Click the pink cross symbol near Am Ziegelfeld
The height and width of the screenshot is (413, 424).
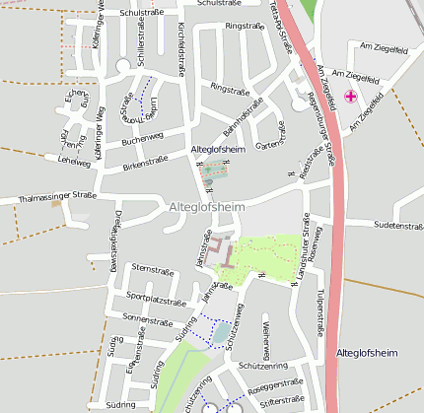click(x=351, y=97)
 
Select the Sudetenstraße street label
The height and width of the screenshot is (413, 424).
click(x=398, y=226)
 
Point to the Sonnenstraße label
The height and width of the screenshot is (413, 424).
click(x=148, y=318)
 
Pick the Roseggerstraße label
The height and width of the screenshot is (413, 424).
click(x=277, y=385)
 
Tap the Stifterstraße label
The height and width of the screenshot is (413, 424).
click(x=279, y=400)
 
